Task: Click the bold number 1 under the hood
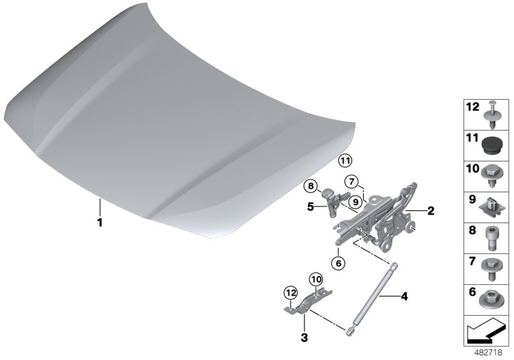[x=100, y=222]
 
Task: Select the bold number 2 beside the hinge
[x=430, y=210]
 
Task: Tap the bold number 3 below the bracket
[x=305, y=337]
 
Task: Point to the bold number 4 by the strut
[x=405, y=297]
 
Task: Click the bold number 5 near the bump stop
[x=310, y=207]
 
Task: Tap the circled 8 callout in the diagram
[x=310, y=186]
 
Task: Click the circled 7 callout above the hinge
[x=351, y=181]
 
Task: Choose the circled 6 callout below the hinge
[x=339, y=263]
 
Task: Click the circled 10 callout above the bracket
[x=316, y=280]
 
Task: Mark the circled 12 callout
[x=291, y=292]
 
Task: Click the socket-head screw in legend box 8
[x=491, y=239]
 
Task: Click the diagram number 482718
[x=488, y=353]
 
